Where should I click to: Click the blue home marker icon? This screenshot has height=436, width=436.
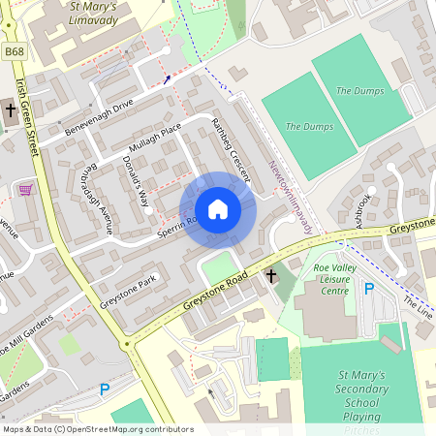218,209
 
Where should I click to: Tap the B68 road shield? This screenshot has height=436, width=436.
13,50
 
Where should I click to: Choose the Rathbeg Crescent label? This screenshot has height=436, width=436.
232,149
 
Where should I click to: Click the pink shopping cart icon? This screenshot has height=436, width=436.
24,188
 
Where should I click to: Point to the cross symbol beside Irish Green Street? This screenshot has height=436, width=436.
11,110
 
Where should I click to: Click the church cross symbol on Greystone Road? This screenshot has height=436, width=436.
271,277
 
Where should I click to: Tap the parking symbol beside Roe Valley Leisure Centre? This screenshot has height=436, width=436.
368,288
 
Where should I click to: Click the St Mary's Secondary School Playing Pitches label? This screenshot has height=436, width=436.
360,398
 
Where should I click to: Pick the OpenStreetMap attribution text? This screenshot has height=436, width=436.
97,429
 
